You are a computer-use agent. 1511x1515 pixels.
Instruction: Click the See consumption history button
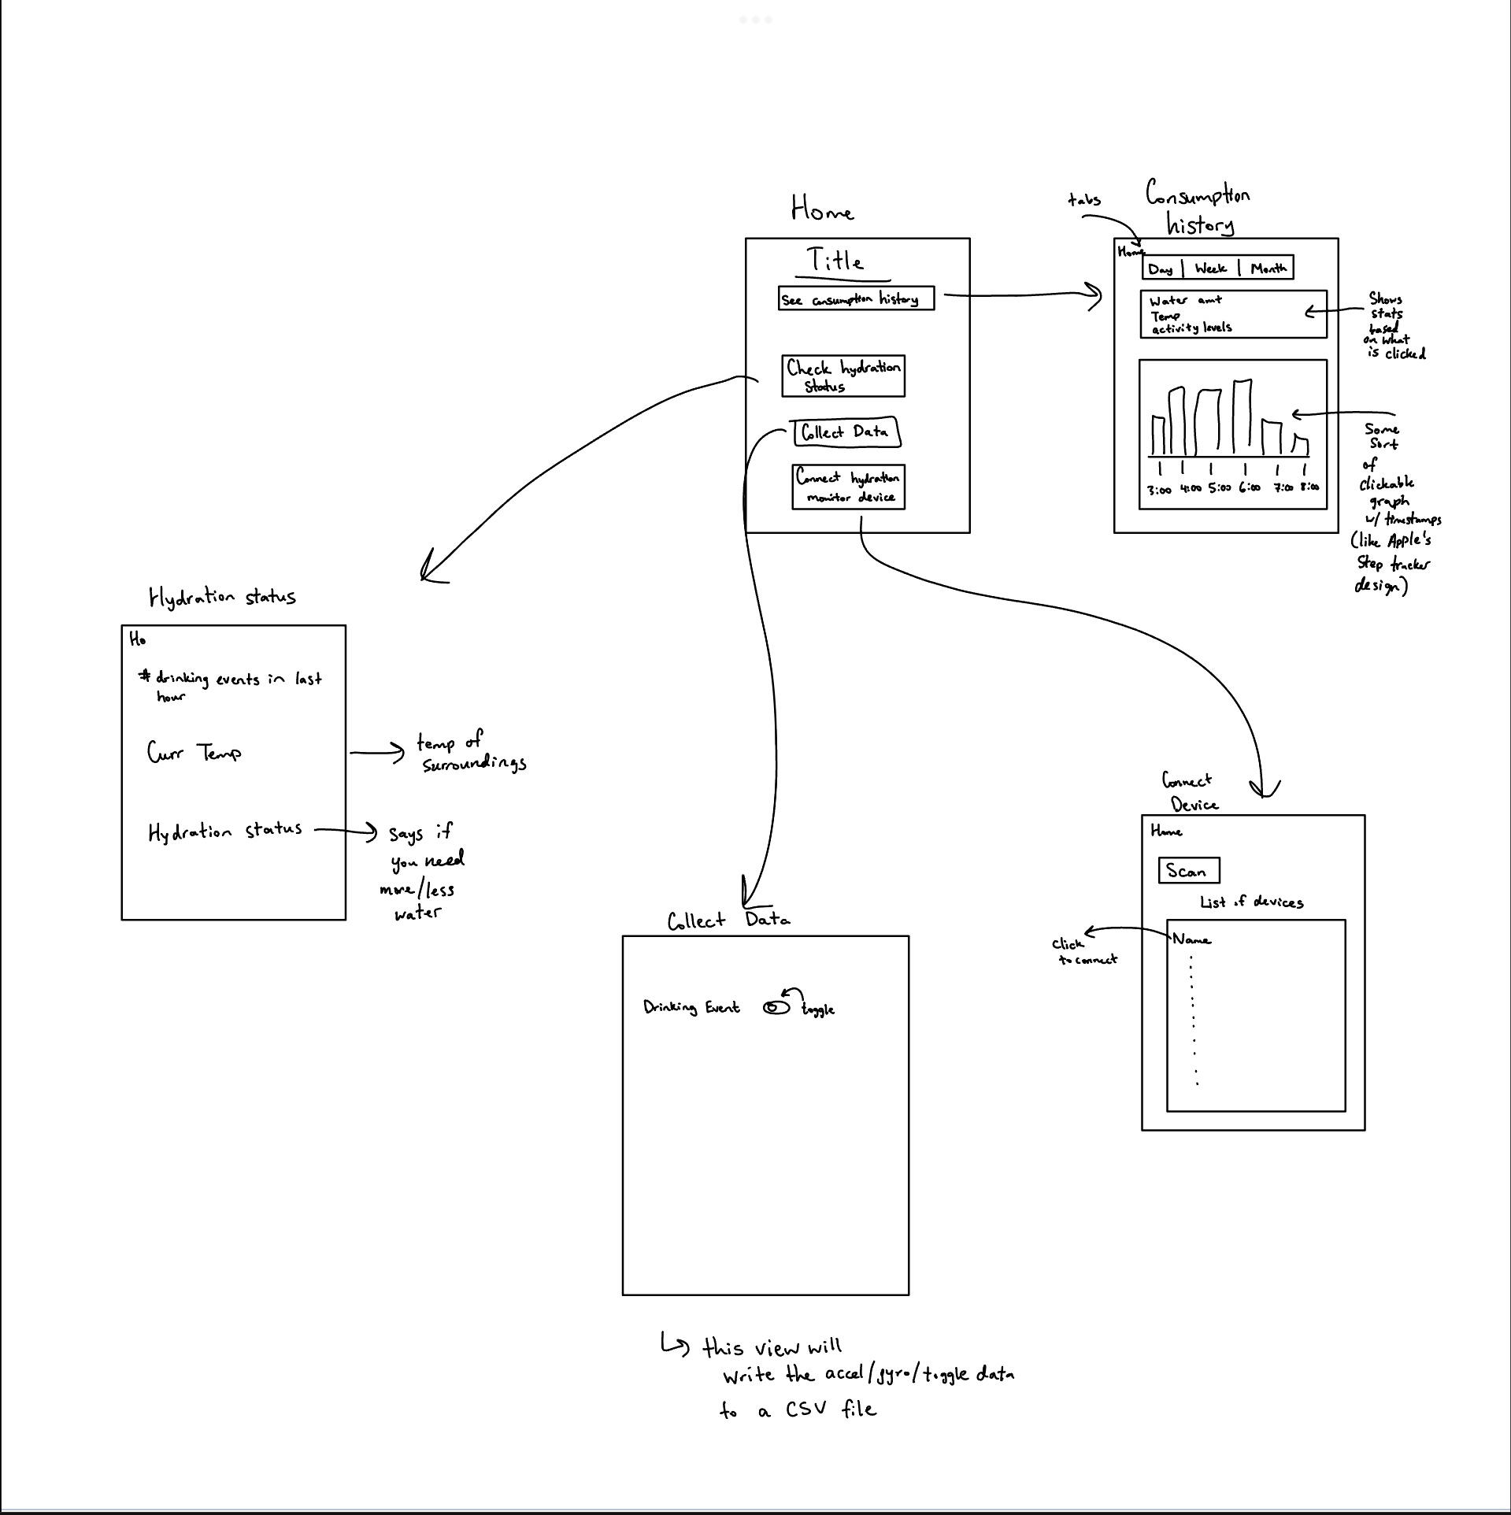[856, 298]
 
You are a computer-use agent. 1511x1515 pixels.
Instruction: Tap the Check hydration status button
[843, 376]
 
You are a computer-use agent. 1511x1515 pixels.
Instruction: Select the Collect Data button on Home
[846, 432]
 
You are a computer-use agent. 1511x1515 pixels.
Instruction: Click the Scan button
[1188, 871]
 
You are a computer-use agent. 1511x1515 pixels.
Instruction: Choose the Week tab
[1210, 269]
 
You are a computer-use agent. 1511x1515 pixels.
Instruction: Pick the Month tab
[1268, 269]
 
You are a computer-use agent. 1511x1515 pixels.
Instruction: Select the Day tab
[1161, 269]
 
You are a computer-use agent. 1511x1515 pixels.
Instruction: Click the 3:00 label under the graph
[1159, 490]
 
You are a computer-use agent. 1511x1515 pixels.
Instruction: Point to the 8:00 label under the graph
[1309, 487]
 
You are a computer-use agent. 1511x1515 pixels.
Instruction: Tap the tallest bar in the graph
[1243, 417]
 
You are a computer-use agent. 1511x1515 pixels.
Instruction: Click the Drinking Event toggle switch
[776, 1007]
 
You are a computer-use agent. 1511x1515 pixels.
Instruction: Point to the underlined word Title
[835, 261]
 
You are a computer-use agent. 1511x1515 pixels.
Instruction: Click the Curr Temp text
[194, 753]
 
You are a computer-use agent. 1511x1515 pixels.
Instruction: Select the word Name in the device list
[1191, 939]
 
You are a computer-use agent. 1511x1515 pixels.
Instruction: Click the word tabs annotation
[1083, 199]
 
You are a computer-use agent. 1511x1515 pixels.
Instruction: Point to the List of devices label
[1251, 902]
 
